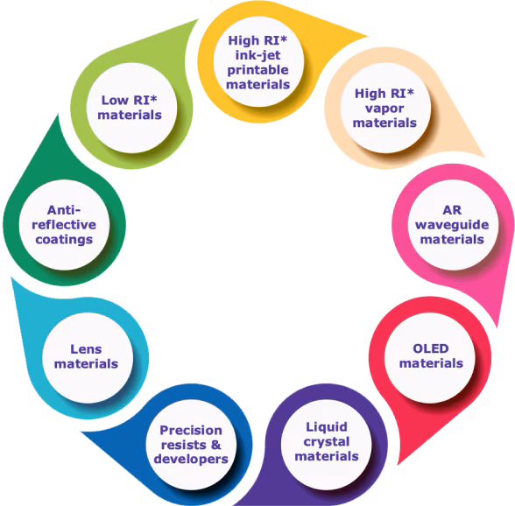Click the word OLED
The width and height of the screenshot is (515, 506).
430,348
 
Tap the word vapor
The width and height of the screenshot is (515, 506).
384,108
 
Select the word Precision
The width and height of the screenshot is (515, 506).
191,430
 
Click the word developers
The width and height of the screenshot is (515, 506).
191,459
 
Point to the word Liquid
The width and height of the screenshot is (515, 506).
327,426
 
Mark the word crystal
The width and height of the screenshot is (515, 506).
327,441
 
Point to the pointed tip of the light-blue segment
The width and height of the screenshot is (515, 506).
11,278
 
